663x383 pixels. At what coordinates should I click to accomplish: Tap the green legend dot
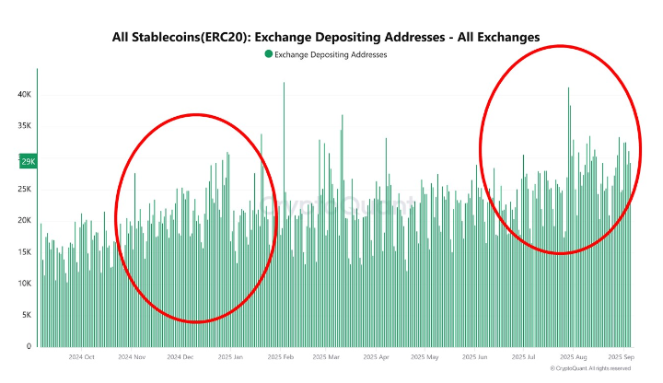coord(268,54)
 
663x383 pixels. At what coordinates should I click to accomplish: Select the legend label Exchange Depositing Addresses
coord(331,54)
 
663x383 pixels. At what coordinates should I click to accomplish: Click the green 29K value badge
coord(27,161)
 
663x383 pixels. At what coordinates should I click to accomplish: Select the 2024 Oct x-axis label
coord(80,356)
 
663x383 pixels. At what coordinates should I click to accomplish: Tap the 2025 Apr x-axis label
coord(376,356)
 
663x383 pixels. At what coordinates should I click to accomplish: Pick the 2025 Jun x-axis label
coord(475,356)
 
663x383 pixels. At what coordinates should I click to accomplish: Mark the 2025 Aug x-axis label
coord(575,356)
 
